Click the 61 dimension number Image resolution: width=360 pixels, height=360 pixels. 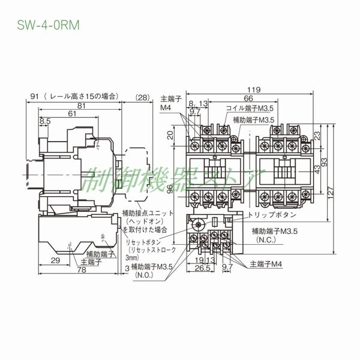pyautogui.click(x=71, y=113)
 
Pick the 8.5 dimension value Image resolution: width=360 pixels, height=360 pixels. pyautogui.click(x=45, y=121)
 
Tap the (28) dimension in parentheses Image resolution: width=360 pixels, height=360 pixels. pyautogui.click(x=143, y=97)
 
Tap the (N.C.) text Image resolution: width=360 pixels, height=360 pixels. pyautogui.click(x=266, y=239)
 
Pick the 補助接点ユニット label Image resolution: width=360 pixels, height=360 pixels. pyautogui.click(x=148, y=213)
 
